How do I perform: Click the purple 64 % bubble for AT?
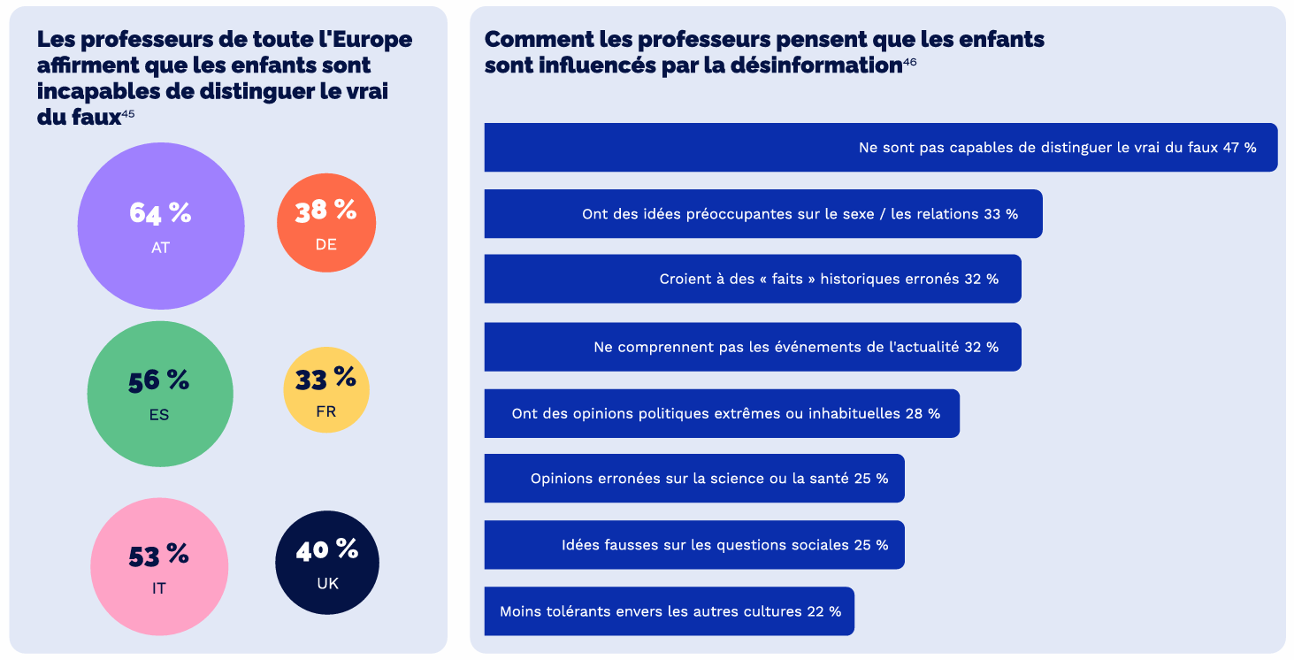pyautogui.click(x=161, y=226)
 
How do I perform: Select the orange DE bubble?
pyautogui.click(x=326, y=223)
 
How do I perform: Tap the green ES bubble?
pyautogui.click(x=160, y=394)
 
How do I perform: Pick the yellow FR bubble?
pyautogui.click(x=325, y=390)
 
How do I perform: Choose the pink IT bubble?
pyautogui.click(x=159, y=566)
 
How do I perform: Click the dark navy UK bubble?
pyautogui.click(x=327, y=563)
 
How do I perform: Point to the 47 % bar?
pyautogui.click(x=880, y=148)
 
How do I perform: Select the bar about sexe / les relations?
pyautogui.click(x=762, y=214)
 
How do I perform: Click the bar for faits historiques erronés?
pyautogui.click(x=752, y=280)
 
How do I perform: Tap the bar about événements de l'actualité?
pyautogui.click(x=752, y=347)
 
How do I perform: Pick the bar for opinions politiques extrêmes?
pyautogui.click(x=721, y=413)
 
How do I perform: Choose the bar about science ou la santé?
pyautogui.click(x=693, y=479)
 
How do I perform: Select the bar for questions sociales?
pyautogui.click(x=693, y=545)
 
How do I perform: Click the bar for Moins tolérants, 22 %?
pyautogui.click(x=669, y=611)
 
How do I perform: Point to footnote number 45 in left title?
pyautogui.click(x=128, y=113)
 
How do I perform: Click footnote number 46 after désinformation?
pyautogui.click(x=909, y=61)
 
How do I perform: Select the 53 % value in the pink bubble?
pyautogui.click(x=158, y=556)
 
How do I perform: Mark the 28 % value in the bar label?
pyautogui.click(x=923, y=413)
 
